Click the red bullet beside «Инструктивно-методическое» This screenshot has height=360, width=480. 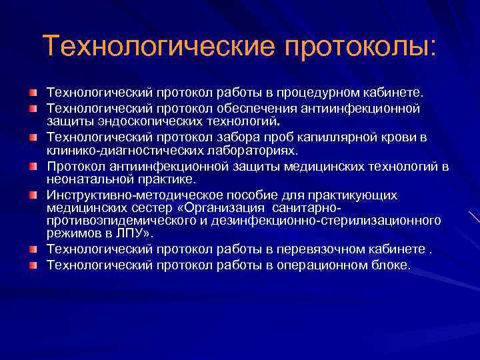click(33, 195)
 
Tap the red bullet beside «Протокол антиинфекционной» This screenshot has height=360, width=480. click(33, 166)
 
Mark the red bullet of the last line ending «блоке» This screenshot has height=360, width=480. click(33, 265)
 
